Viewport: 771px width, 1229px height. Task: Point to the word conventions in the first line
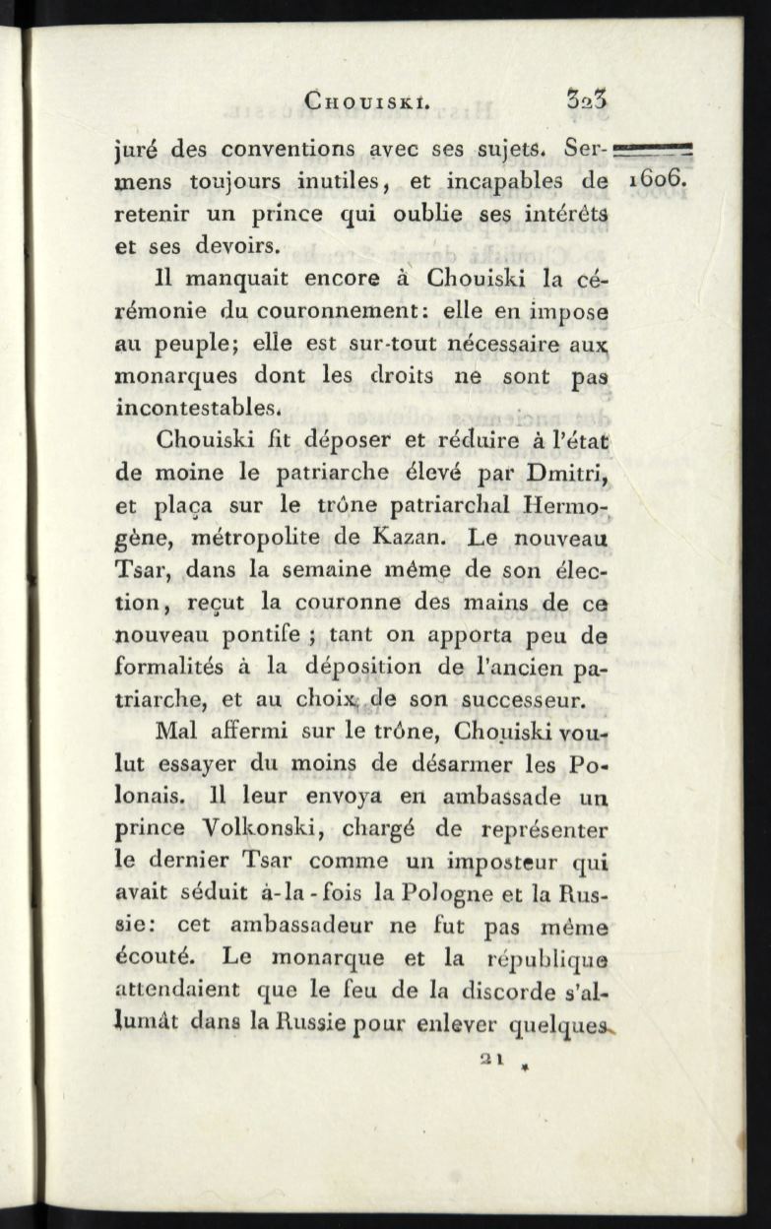coord(295,152)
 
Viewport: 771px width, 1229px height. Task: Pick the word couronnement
coord(330,314)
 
